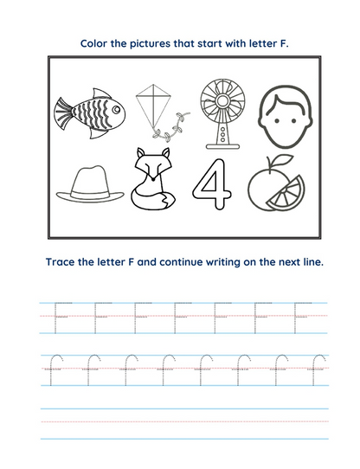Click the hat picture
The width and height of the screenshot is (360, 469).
click(90, 183)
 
